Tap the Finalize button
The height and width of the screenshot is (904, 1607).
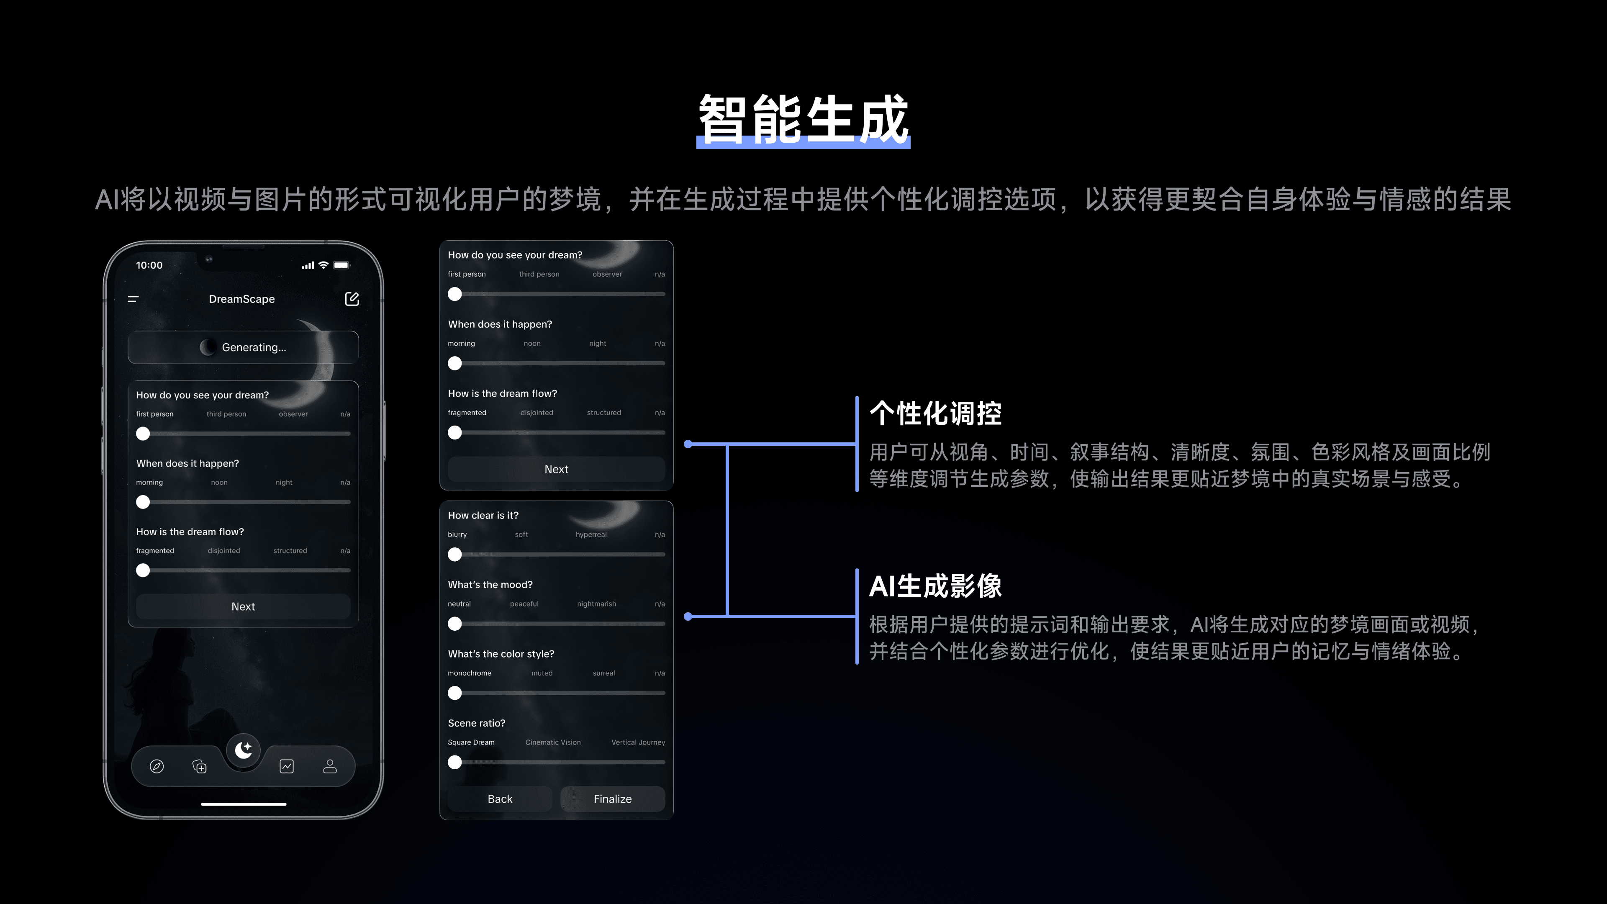[x=612, y=799]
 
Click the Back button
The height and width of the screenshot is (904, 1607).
[x=500, y=799]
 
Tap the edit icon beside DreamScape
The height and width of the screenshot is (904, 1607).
[x=352, y=299]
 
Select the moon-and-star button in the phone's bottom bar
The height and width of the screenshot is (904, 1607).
[x=243, y=749]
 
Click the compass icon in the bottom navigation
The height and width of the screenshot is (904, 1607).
[x=157, y=766]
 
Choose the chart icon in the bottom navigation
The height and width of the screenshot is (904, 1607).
[x=286, y=766]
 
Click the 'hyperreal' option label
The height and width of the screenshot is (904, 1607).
[x=591, y=535]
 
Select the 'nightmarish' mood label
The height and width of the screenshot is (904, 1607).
[x=596, y=604]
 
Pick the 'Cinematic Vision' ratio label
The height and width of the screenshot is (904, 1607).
[x=553, y=742]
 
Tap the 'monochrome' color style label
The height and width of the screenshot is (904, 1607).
[x=469, y=673]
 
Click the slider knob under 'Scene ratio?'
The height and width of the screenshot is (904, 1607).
[x=455, y=762]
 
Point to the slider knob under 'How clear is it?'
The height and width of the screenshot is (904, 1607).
[x=455, y=554]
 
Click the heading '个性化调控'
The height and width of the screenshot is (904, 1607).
[x=935, y=413]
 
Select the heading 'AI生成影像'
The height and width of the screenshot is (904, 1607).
[x=935, y=586]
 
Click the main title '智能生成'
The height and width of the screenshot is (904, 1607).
[x=803, y=118]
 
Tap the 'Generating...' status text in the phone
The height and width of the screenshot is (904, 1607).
[x=254, y=347]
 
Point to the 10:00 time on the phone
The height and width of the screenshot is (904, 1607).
[x=149, y=265]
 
